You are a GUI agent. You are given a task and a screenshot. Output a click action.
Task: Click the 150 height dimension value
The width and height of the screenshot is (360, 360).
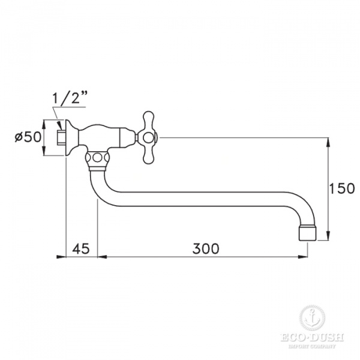coord(342,189)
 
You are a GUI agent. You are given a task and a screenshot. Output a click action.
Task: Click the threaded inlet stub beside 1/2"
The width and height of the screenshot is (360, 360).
coord(59,137)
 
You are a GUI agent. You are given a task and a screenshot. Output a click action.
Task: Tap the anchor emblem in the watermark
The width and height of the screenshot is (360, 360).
coord(310,316)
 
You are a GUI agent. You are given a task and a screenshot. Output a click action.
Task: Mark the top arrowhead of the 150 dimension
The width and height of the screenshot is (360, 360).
coord(329,142)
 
